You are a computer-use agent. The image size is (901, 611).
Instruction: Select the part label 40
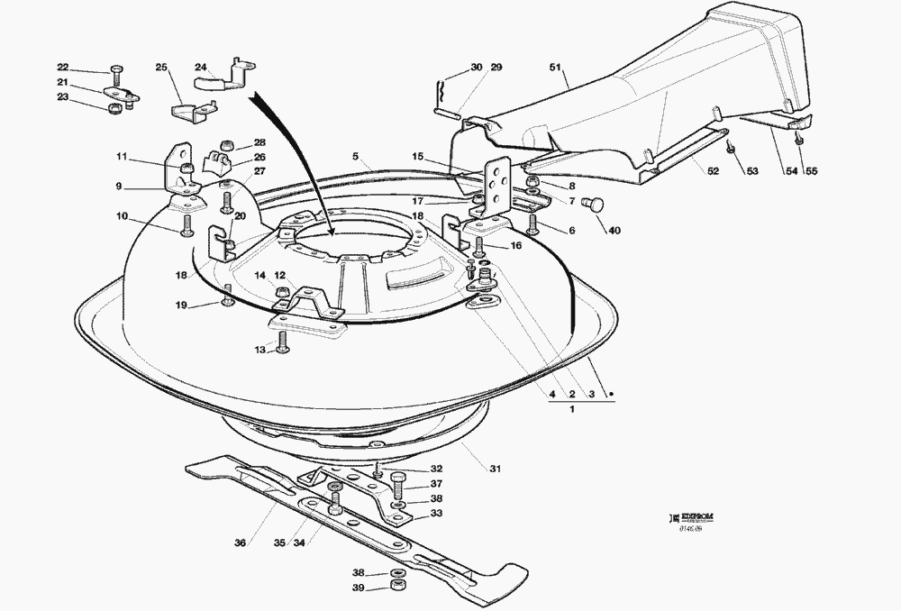614,231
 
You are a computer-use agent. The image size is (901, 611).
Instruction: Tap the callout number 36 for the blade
240,543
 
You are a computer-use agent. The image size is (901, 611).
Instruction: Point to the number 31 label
496,469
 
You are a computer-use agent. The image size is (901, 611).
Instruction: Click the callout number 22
62,68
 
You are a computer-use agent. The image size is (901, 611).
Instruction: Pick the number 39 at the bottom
359,588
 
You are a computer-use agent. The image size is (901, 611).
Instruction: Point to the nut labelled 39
396,588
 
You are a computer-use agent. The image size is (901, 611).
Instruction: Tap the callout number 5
356,156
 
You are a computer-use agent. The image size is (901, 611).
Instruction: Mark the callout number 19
181,305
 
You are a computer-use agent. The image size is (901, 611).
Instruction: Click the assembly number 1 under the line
573,410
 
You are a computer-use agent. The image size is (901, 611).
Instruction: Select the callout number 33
436,514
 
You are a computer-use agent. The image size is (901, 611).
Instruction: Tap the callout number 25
160,68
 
